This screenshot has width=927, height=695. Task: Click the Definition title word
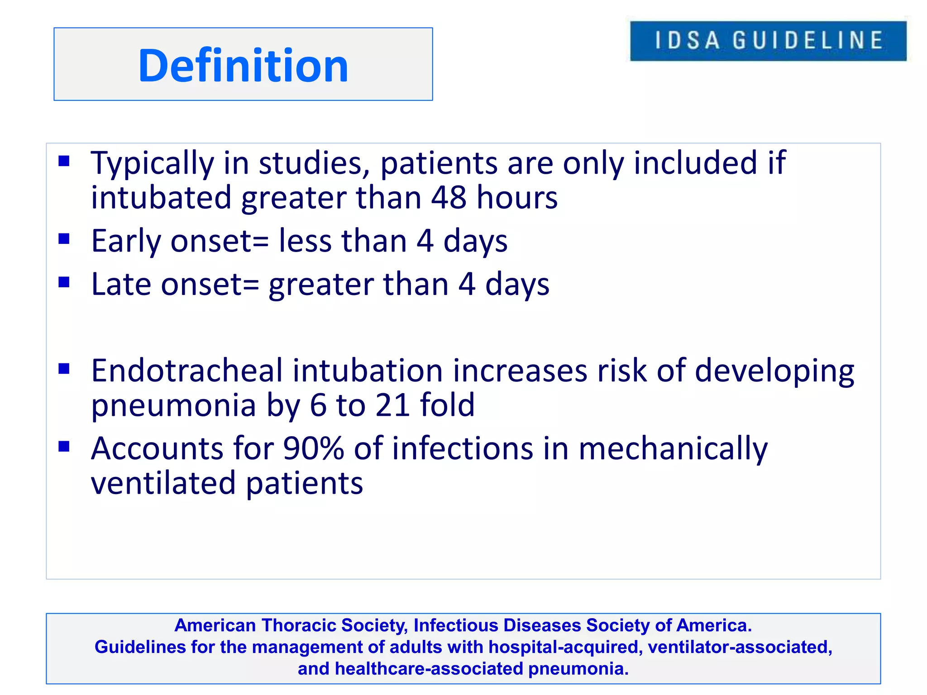pos(243,66)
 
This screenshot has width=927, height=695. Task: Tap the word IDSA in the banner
pos(687,40)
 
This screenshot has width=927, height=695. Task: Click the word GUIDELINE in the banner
pos(808,40)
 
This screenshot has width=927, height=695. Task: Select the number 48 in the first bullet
pos(448,198)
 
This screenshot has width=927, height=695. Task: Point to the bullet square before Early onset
pos(64,238)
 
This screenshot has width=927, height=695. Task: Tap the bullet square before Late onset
pos(64,282)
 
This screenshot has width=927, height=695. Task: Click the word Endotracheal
pos(186,371)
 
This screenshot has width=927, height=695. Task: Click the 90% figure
pos(313,448)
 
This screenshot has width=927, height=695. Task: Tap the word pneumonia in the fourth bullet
pos(173,406)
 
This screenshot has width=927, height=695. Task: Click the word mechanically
pos(673,449)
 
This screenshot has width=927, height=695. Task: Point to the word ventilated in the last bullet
pos(163,483)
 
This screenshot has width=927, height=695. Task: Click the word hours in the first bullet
pos(517,198)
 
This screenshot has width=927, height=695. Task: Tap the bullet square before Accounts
pos(64,447)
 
